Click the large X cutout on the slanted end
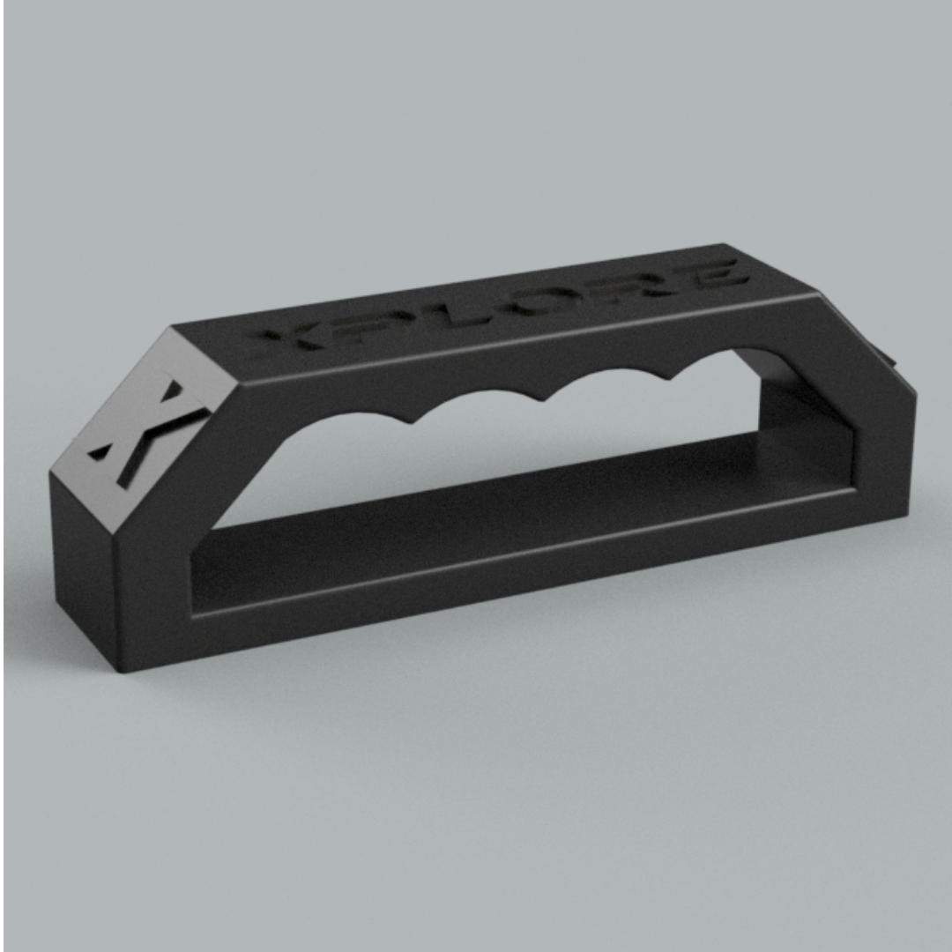(145, 432)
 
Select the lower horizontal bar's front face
(529, 573)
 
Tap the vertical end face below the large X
(84, 564)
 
